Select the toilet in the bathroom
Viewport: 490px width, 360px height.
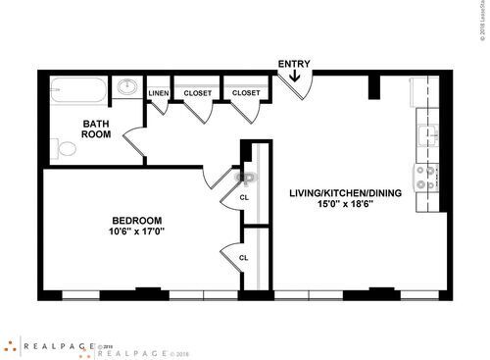[x=64, y=149]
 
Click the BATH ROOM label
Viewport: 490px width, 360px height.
[x=96, y=129]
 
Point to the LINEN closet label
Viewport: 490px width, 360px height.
[x=159, y=93]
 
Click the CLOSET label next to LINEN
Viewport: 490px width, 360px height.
[x=198, y=93]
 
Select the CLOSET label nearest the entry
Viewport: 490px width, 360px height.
[x=246, y=93]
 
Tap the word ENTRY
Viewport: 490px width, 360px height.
[x=294, y=65]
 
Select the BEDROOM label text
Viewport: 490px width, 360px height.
[x=136, y=220]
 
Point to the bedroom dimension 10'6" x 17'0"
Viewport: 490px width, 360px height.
[x=136, y=232]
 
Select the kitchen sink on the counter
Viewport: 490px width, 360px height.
[x=426, y=135]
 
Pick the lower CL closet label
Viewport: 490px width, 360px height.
[x=244, y=258]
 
